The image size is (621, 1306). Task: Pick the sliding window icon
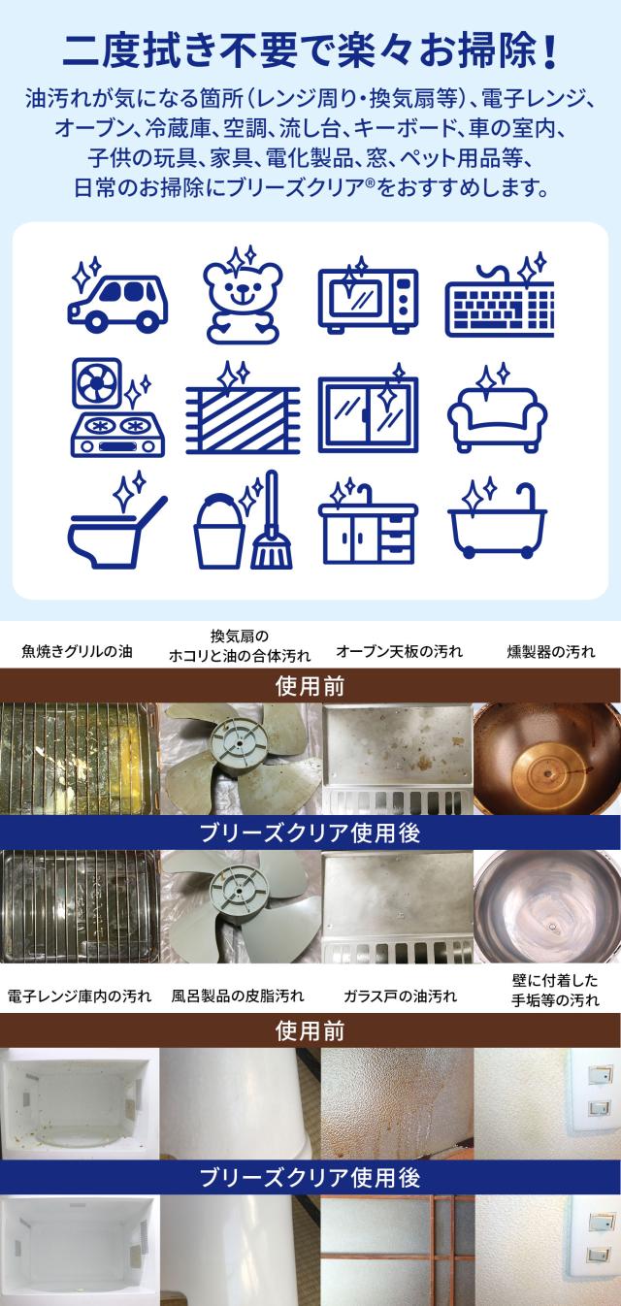[368, 412]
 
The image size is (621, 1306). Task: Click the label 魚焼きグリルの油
[77, 651]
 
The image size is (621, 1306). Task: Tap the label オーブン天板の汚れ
[399, 651]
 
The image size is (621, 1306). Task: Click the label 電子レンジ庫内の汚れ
[79, 996]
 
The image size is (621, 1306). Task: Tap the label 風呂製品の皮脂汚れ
[238, 996]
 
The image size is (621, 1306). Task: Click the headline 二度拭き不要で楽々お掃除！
[310, 49]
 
